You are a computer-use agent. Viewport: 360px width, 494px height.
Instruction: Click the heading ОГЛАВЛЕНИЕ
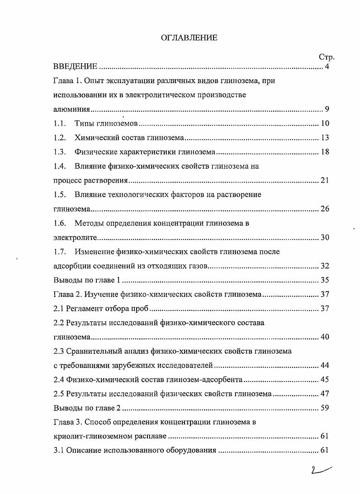tap(189, 38)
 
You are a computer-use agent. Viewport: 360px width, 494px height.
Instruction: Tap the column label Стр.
tap(326, 57)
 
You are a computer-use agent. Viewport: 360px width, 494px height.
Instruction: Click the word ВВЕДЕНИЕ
tap(75, 67)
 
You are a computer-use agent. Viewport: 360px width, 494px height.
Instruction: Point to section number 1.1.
tap(60, 123)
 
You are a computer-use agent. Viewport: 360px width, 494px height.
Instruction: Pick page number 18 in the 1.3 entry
tap(325, 152)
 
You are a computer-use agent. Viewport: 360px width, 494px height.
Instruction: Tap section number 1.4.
tap(60, 166)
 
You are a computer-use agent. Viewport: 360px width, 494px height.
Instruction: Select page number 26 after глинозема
tap(325, 209)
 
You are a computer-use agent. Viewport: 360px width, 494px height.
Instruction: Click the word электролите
tap(74, 237)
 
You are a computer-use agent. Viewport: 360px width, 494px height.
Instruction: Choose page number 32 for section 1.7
tap(325, 266)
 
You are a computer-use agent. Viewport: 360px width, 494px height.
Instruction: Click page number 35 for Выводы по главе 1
tap(325, 280)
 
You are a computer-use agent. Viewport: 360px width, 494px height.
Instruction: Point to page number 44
tap(325, 365)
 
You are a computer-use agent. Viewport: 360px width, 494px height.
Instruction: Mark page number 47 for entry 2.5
tap(325, 394)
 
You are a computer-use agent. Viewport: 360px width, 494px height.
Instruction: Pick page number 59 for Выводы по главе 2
tap(325, 408)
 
